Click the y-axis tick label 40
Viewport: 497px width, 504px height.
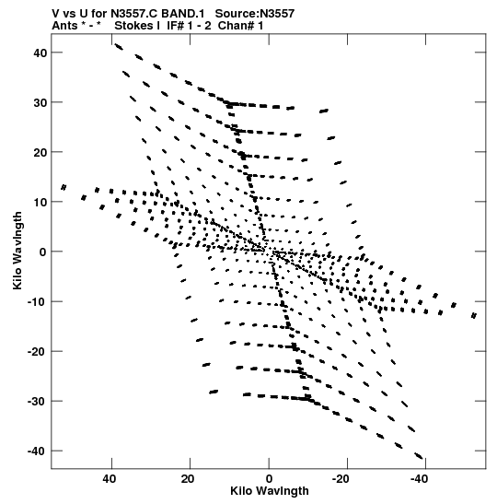[x=40, y=53]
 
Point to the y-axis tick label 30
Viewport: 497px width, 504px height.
[x=40, y=102]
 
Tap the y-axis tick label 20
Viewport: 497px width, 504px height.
[x=40, y=152]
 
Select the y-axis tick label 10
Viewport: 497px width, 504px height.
[x=40, y=202]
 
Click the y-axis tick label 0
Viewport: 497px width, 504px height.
[x=43, y=252]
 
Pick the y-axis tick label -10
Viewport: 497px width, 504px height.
[x=38, y=302]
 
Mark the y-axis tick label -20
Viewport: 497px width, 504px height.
[x=38, y=352]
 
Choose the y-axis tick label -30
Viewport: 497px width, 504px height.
[x=38, y=402]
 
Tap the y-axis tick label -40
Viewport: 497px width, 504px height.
[x=38, y=451]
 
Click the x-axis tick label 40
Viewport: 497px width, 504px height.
[x=110, y=479]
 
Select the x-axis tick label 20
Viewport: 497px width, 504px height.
[x=188, y=479]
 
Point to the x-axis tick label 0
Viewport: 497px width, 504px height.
[x=269, y=479]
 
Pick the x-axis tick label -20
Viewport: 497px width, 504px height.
[x=341, y=479]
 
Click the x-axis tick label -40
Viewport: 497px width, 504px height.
[x=419, y=479]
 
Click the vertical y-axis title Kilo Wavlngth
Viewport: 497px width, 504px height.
[x=17, y=251]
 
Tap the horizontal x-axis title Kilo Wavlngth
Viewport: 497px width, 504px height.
[x=270, y=491]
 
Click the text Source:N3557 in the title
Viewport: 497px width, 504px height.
[x=255, y=14]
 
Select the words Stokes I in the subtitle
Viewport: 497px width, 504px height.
[x=137, y=26]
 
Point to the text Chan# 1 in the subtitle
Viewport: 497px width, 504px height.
[x=240, y=26]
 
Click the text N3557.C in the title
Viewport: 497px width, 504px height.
[x=133, y=14]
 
